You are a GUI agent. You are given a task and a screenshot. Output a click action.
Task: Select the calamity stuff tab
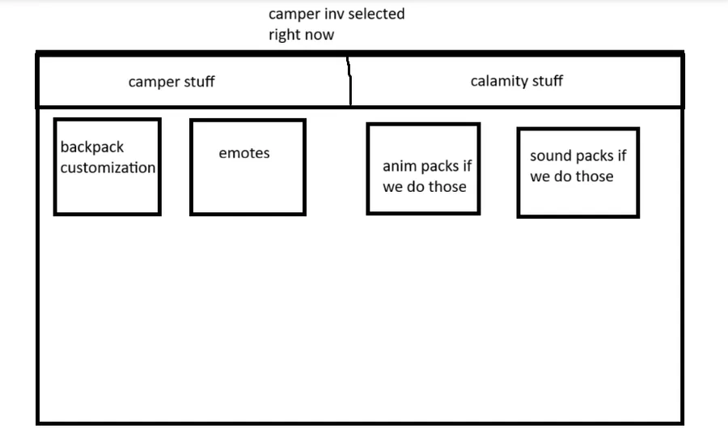(517, 81)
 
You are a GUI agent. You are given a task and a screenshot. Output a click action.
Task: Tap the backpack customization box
(107, 167)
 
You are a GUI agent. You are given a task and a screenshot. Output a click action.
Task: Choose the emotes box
(248, 168)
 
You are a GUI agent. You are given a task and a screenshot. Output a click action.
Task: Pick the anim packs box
(423, 168)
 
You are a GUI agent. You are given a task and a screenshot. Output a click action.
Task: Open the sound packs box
(578, 172)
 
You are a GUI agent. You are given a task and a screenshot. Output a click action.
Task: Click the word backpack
(92, 148)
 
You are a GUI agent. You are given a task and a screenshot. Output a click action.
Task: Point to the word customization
(108, 168)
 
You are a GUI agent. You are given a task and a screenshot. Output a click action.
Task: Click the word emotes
(244, 153)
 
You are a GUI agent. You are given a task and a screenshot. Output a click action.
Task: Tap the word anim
(400, 166)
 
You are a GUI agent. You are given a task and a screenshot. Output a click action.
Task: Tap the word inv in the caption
(327, 14)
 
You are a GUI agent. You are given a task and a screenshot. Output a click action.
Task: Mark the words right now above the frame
(301, 35)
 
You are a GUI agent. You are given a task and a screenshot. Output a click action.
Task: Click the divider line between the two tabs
(350, 81)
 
